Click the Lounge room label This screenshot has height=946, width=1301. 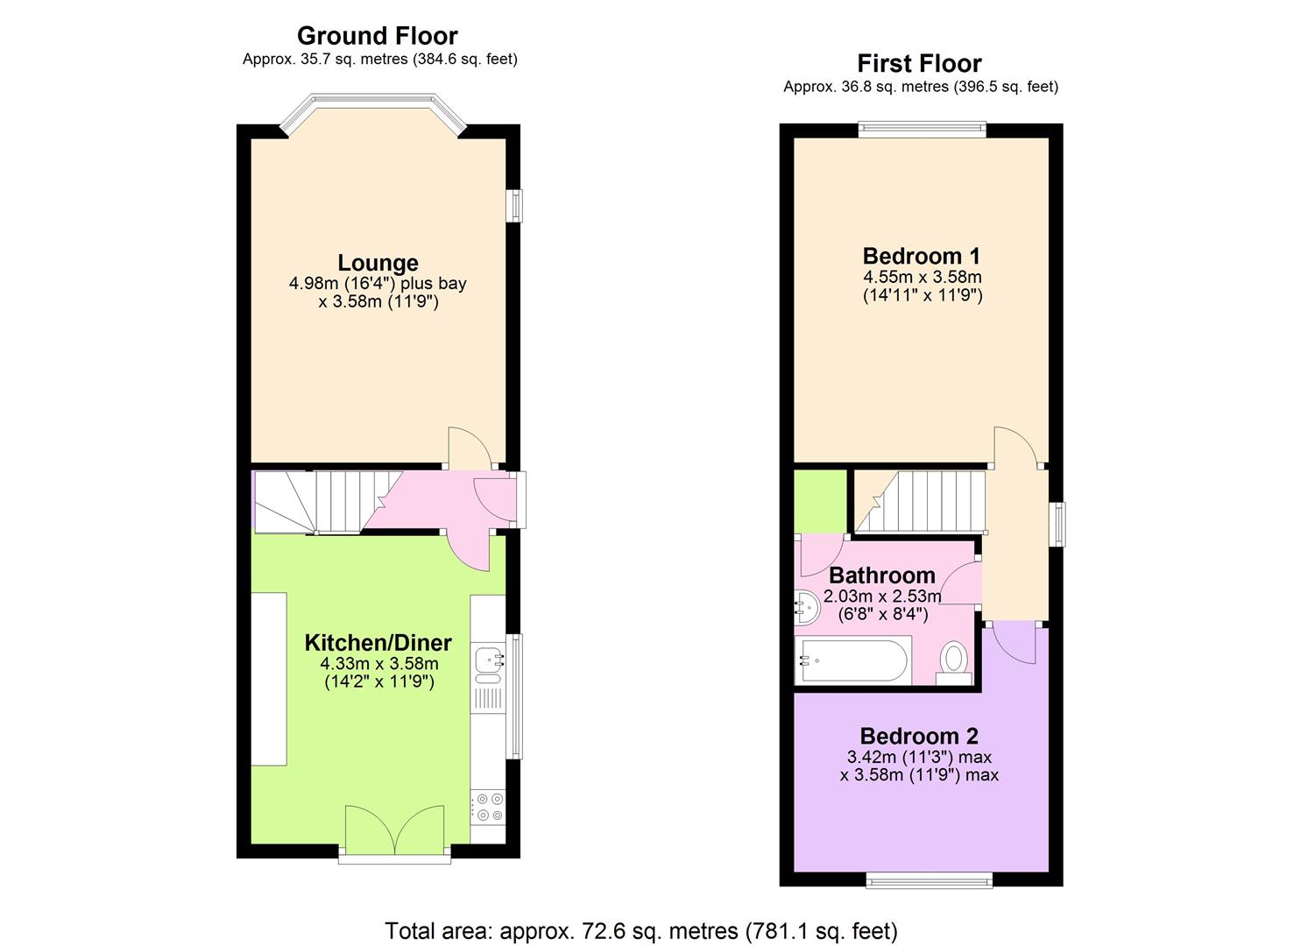pos(378,263)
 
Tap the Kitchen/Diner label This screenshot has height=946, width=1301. pos(378,642)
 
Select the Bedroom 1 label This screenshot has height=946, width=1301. pos(921,256)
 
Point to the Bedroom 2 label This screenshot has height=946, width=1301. pos(918,736)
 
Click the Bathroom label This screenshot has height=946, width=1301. pos(881,575)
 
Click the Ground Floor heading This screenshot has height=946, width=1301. pos(377,36)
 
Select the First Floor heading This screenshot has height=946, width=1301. pos(919,64)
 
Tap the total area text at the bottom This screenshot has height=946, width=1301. pos(640,930)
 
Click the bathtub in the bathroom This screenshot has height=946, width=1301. pos(852,661)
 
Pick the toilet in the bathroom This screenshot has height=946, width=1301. pos(953,661)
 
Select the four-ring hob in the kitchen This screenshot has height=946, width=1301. pos(487,807)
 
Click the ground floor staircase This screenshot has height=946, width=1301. pos(324,501)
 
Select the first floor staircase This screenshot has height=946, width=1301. pos(920,501)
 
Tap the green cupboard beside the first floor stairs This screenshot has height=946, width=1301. pos(820,501)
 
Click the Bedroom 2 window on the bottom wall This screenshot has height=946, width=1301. pos(930,879)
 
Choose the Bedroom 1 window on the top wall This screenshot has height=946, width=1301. pos(922,130)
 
